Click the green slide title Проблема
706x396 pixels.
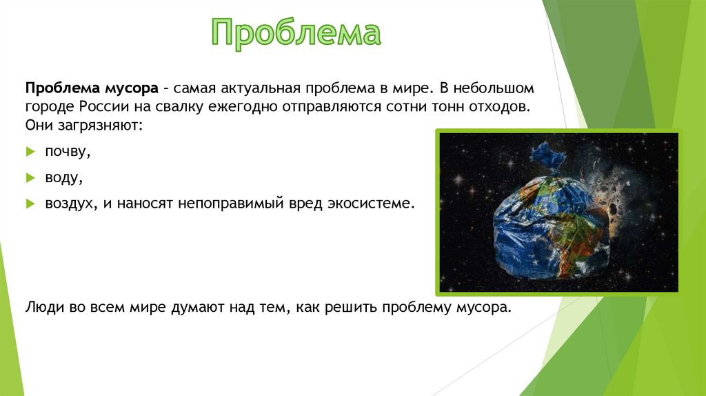click(x=296, y=33)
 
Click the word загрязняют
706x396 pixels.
click(x=100, y=126)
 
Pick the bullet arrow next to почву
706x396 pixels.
click(x=30, y=152)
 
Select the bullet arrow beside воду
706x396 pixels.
click(x=30, y=178)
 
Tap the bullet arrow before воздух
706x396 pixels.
click(x=30, y=204)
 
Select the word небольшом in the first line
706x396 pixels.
click(x=494, y=88)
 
